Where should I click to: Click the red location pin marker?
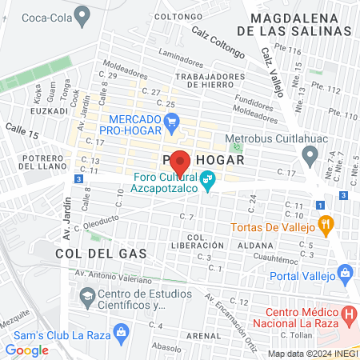(x=180, y=162)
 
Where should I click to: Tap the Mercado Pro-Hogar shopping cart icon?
(x=171, y=122)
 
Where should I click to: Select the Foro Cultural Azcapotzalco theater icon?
(x=207, y=181)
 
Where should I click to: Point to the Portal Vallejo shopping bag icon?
(x=346, y=273)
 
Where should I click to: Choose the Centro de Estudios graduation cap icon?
(x=86, y=297)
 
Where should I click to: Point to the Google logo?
(x=27, y=350)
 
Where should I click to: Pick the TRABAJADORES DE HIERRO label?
(x=208, y=82)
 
